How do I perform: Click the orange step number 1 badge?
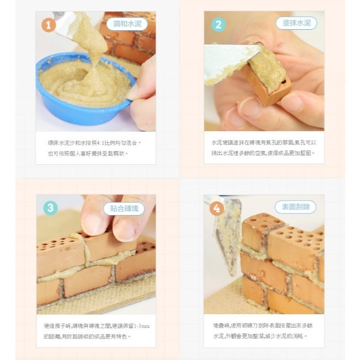[49, 25]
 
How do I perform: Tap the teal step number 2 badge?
[218, 25]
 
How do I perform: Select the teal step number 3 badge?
[50, 208]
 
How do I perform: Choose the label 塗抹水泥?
[297, 23]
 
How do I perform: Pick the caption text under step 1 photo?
[95, 147]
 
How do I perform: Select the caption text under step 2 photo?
[264, 147]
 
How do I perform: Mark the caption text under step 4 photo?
[264, 331]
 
